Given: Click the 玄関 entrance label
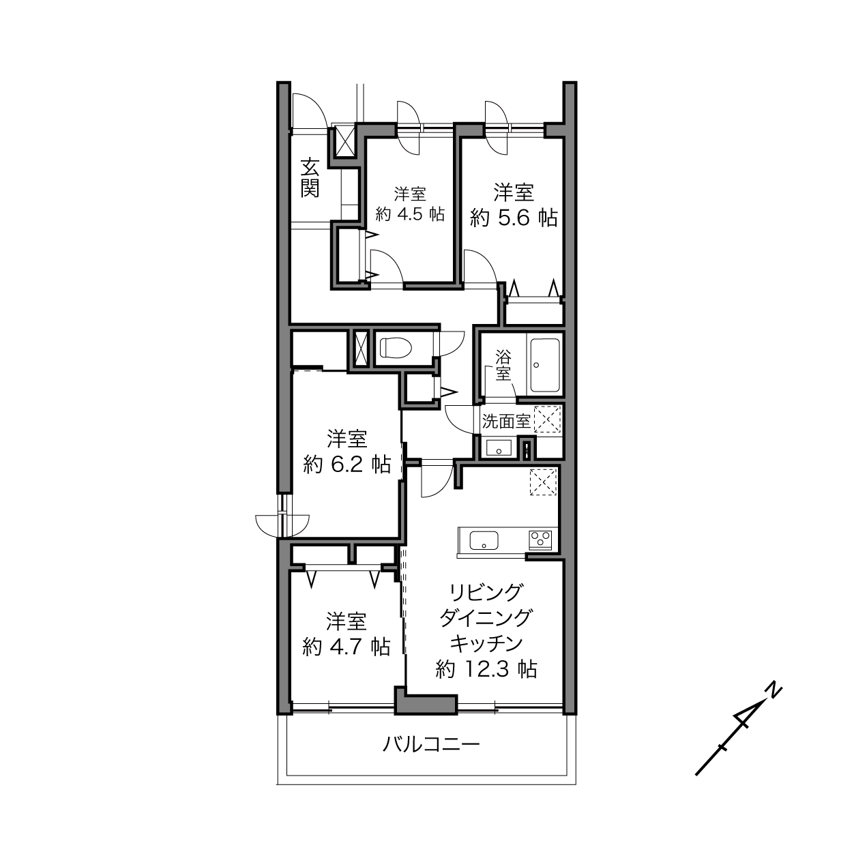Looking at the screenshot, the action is click(310, 178).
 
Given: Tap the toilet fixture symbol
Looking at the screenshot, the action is click(396, 347).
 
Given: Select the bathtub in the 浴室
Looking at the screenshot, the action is click(545, 366).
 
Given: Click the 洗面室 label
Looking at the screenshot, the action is click(506, 421).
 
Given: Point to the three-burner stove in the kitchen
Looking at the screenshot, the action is click(540, 540).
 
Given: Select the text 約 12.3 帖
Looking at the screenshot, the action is click(486, 669).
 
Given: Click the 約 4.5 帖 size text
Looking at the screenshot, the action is click(409, 214).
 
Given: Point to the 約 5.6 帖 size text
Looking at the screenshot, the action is click(513, 218).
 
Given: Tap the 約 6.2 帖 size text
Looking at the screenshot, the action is click(347, 465).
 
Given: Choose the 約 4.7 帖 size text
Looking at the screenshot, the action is click(346, 647).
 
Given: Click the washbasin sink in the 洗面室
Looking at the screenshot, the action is click(499, 447).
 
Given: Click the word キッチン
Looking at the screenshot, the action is click(486, 643).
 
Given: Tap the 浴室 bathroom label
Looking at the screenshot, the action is click(503, 365).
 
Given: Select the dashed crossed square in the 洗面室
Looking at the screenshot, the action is click(547, 419).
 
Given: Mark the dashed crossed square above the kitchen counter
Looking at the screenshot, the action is click(543, 482).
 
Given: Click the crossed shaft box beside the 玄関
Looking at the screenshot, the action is click(344, 141).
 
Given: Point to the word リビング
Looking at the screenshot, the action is click(486, 593).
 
